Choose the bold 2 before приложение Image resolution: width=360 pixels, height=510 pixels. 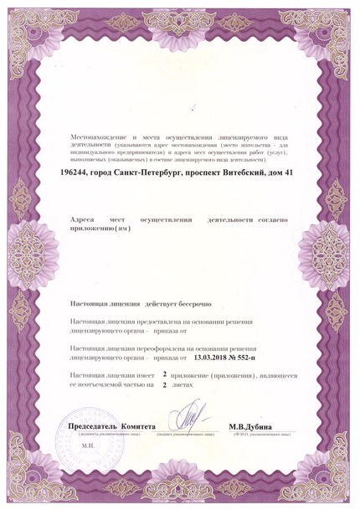coord(164,379)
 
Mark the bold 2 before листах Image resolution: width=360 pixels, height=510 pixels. coord(164,388)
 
